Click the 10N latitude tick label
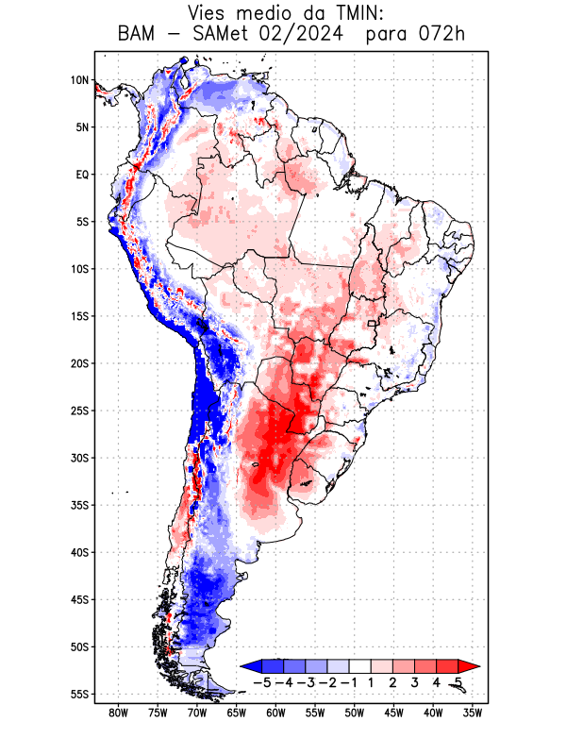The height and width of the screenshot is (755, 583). point(79,80)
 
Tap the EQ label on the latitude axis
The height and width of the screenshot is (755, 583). point(82,175)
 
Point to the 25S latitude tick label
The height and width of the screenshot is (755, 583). point(79,411)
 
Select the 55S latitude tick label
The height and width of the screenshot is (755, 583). point(79,694)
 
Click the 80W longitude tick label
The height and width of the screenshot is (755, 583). point(118,713)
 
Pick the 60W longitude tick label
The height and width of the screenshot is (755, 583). point(275,713)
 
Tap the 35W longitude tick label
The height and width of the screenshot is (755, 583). point(473,713)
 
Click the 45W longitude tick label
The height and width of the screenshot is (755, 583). point(393,713)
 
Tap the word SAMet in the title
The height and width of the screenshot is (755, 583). point(225,35)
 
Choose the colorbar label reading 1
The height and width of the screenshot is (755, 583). point(373,681)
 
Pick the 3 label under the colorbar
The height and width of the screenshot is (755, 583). point(416,681)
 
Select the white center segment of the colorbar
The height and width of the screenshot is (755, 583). point(362,666)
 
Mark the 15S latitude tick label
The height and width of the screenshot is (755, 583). point(79,316)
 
